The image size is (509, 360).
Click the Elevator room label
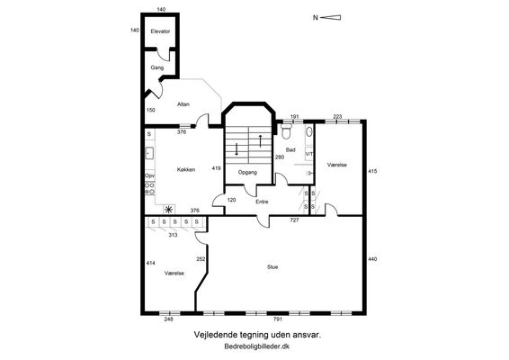pos(160,31)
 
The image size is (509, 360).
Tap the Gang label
pos(157,67)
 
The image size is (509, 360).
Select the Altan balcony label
pos(183,104)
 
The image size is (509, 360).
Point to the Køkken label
pos(186,169)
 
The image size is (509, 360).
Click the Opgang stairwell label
pos(247,173)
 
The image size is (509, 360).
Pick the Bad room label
pos(290,150)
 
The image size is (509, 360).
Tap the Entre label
pos(262,202)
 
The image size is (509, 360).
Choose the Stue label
pos(272,267)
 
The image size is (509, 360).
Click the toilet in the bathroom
pos(287,131)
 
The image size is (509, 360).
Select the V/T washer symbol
pos(309,154)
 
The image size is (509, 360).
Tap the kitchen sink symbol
pos(149,153)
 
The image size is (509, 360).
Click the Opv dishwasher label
pos(149,175)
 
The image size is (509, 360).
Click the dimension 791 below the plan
pos(278,319)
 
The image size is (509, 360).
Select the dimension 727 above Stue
pos(294,220)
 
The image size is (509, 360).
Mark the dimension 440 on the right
pos(372,259)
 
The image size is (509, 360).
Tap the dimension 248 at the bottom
pos(168,319)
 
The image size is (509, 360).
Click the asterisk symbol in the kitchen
pos(169,210)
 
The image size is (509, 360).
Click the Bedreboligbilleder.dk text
pos(257,346)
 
